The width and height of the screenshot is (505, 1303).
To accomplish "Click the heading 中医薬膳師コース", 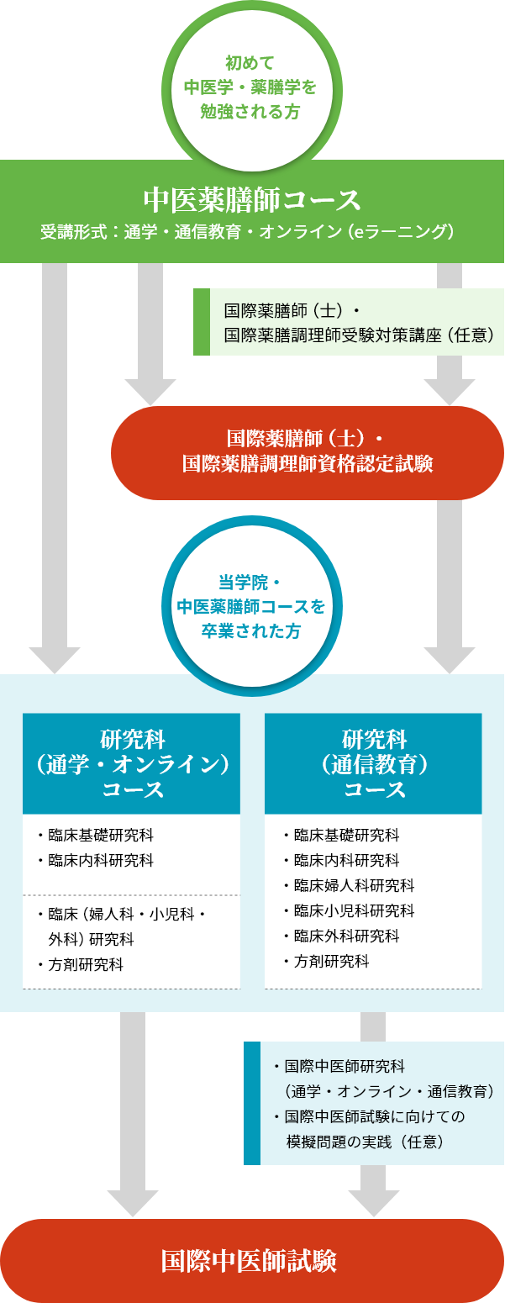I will (x=252, y=201).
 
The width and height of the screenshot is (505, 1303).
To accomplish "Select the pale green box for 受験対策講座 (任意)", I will (x=356, y=322).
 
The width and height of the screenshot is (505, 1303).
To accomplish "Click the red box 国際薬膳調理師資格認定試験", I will (x=308, y=452).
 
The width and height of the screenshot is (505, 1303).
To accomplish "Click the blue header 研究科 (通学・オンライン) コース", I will (x=132, y=764).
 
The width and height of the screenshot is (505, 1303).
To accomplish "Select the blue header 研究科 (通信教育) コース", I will (x=374, y=764).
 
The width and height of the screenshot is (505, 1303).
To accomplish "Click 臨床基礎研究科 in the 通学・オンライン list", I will (x=101, y=836).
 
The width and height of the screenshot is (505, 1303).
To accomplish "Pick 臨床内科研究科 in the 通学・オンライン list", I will (x=101, y=861).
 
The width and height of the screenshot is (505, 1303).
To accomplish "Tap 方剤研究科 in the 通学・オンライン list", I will (x=86, y=965).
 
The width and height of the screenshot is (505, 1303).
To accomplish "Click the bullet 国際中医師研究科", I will (x=345, y=1067).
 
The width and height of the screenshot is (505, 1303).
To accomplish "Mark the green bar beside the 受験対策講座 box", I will (x=201, y=322).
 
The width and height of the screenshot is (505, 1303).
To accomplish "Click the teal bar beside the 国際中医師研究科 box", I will (x=251, y=1103).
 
